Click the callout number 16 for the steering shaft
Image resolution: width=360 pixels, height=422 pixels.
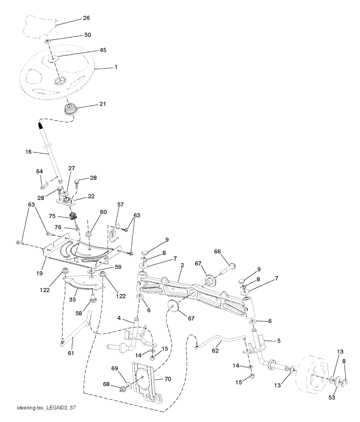coord(29,152)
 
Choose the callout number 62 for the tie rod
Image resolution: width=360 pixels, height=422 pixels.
coord(215,350)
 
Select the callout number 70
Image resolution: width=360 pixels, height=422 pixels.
coord(167,379)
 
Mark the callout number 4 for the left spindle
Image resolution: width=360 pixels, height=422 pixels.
coord(119,318)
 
